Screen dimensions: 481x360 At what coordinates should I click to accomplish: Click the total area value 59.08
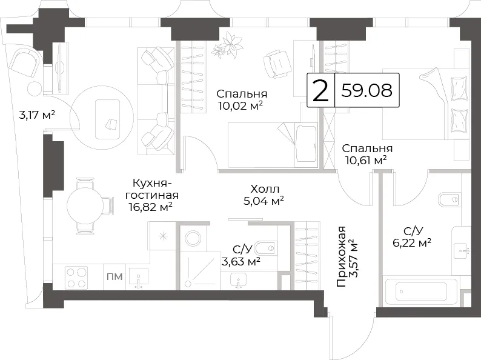(x=367, y=90)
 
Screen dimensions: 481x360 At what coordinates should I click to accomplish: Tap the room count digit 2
(x=320, y=90)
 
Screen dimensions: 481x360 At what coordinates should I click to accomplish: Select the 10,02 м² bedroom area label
(x=240, y=105)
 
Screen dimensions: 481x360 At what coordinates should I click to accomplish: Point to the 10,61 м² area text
(x=366, y=160)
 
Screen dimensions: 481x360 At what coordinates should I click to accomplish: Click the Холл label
(x=265, y=188)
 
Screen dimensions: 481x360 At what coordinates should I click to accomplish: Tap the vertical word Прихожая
(x=341, y=256)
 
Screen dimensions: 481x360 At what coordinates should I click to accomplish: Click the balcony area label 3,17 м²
(x=37, y=115)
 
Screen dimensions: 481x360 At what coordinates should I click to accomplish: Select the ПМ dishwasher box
(x=114, y=276)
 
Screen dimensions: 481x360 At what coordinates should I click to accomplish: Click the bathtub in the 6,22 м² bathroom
(x=421, y=292)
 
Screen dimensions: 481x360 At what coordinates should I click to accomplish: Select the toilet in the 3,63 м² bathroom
(x=267, y=248)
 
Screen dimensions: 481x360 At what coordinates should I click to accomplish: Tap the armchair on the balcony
(x=25, y=64)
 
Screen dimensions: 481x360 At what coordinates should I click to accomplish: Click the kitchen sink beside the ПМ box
(x=139, y=278)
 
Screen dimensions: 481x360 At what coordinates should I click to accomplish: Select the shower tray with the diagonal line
(x=200, y=271)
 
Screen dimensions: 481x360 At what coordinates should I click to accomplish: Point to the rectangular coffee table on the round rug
(x=107, y=119)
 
